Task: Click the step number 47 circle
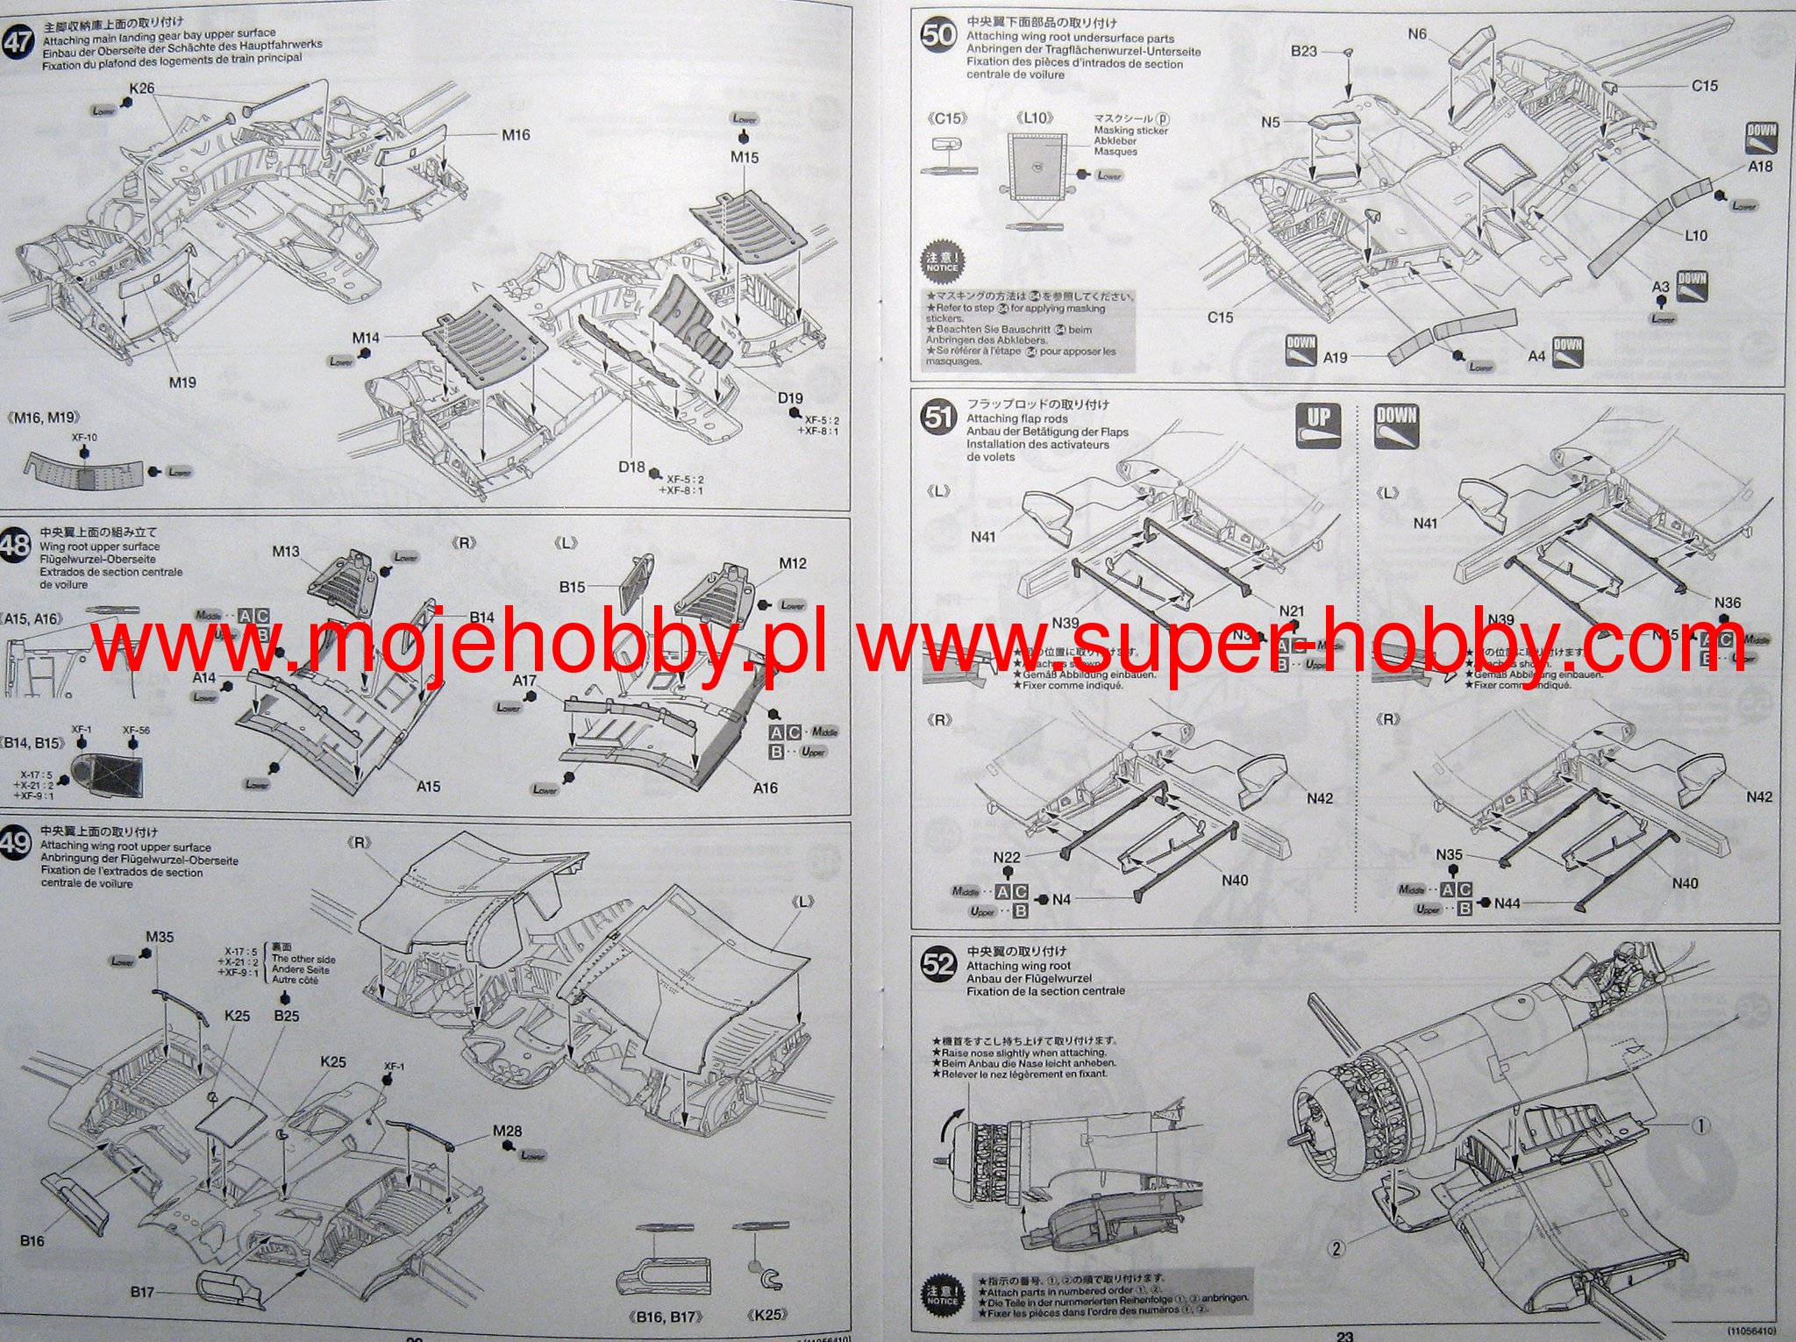pos(17,41)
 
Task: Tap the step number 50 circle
pos(937,36)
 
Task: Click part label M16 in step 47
pos(516,134)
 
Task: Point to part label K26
pos(141,88)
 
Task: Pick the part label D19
pos(790,398)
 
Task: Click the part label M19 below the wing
pos(182,382)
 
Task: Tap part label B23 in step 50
pos(1304,52)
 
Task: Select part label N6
pos(1417,34)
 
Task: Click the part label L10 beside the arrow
pos(1696,235)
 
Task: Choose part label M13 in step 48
pos(286,552)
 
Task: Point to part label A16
pos(766,788)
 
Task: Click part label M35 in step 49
pos(160,937)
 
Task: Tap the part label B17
pos(143,1292)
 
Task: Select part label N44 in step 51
pos(1507,903)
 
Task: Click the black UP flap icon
pos(1318,424)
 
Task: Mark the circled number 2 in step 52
pos(1336,1247)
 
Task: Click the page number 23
pos(1344,1336)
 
